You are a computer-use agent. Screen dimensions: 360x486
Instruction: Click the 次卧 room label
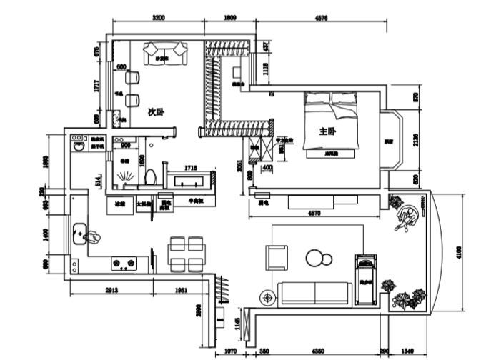coord(156,111)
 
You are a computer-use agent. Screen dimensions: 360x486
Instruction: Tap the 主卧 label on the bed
coord(327,131)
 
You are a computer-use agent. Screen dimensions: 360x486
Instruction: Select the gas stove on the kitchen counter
coord(124,264)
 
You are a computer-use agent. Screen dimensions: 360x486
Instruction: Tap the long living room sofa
coord(315,292)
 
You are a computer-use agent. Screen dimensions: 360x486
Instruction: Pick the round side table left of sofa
coord(267,294)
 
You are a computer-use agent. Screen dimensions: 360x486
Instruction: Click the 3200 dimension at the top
coord(159,18)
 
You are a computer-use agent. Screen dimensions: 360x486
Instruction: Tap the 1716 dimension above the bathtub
coord(189,167)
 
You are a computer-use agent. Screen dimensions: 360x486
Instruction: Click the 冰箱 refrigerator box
coord(120,204)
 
